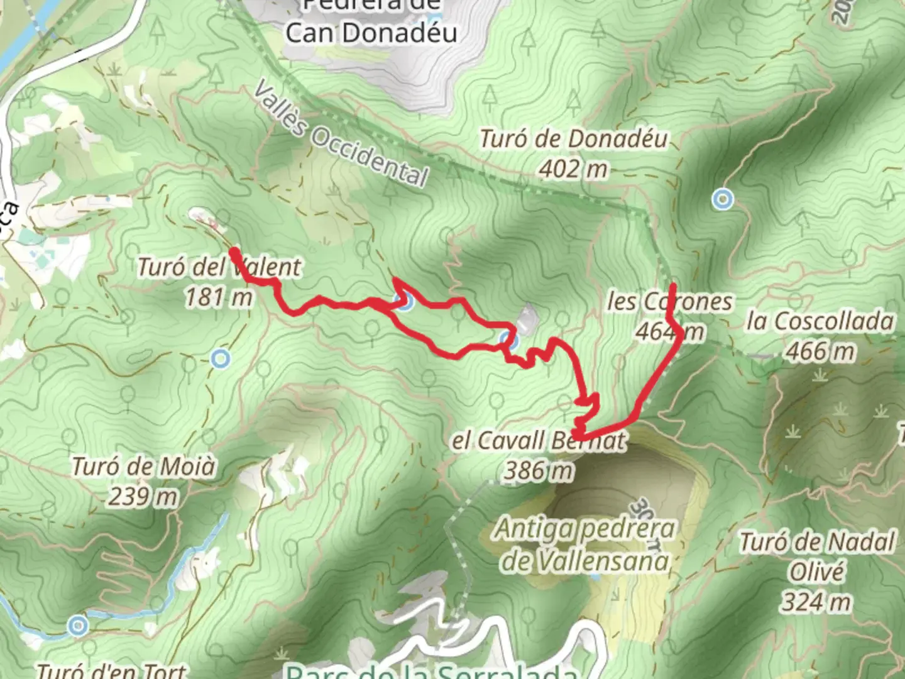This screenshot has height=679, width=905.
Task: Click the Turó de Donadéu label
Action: (573, 139)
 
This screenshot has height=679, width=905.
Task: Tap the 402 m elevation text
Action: (573, 168)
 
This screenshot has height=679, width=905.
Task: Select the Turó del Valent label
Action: (219, 267)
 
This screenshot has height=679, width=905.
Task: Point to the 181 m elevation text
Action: (218, 297)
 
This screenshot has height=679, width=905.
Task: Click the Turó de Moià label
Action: (143, 467)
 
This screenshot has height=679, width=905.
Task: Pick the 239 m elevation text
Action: (143, 497)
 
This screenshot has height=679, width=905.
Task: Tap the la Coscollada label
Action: (820, 321)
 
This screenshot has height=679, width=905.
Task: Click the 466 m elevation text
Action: (820, 351)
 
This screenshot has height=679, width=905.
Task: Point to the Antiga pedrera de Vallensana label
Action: (584, 544)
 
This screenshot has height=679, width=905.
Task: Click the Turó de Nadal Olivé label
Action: (816, 556)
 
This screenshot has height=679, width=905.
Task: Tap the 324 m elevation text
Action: (816, 602)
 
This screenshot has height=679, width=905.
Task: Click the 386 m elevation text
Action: (539, 470)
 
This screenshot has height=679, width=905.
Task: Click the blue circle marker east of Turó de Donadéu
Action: (723, 199)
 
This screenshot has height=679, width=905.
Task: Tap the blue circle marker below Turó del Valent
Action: (220, 359)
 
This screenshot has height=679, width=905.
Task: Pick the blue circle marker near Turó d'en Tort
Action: (78, 626)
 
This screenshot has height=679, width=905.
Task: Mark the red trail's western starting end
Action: (234, 252)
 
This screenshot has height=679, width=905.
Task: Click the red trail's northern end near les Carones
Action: (673, 287)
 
